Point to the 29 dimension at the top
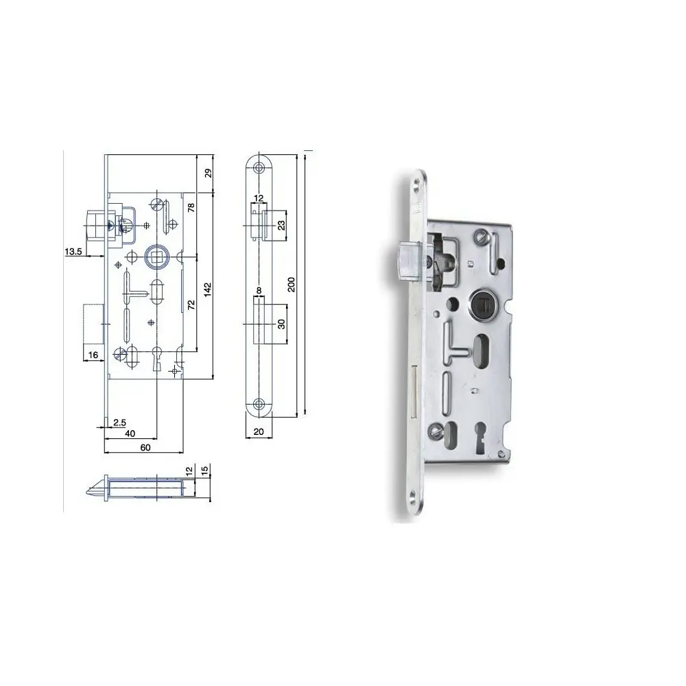[209, 174]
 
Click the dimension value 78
[191, 208]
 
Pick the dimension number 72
[192, 304]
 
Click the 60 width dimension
[145, 446]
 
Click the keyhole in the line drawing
[157, 359]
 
